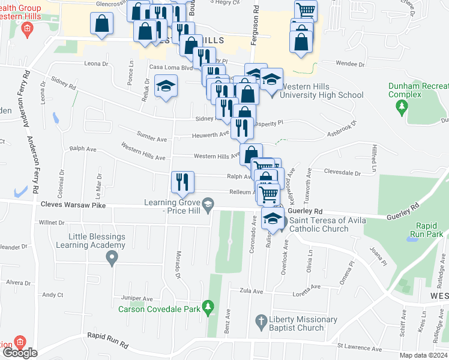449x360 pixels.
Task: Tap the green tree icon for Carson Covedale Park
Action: click(x=208, y=307)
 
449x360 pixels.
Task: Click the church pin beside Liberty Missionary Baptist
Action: click(x=261, y=320)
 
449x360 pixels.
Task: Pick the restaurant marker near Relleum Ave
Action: click(x=182, y=182)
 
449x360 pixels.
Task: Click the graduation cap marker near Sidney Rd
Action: click(x=166, y=86)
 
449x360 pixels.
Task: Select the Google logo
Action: click(x=19, y=353)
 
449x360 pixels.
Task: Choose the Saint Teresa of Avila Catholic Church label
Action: click(x=319, y=224)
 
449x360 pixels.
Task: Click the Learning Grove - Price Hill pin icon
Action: click(x=208, y=206)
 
